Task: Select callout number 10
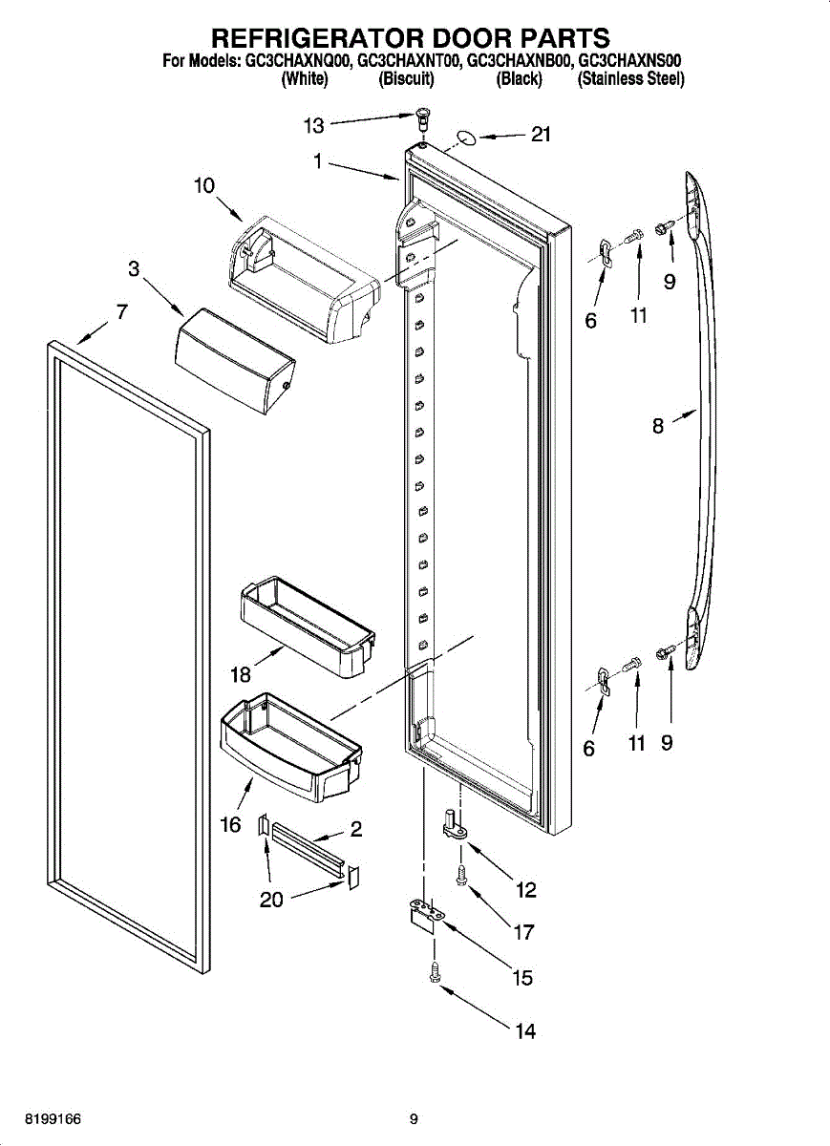[204, 185]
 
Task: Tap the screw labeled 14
[435, 972]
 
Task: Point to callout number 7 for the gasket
[122, 311]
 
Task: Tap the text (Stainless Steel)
[630, 80]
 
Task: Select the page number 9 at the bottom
[414, 1119]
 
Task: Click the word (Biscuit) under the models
[407, 80]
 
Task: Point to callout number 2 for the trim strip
[355, 829]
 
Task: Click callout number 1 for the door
[317, 161]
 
